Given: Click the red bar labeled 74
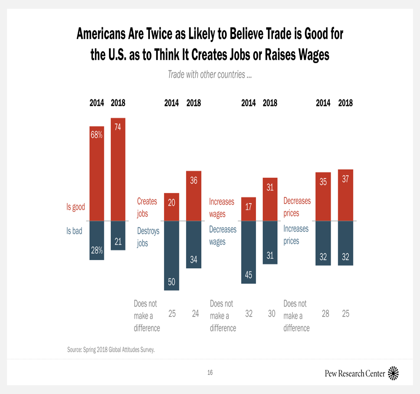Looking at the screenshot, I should point(118,169).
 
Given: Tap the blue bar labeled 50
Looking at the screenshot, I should point(172,255).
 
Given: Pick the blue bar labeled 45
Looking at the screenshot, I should point(248,252).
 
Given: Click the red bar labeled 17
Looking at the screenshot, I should point(248,209).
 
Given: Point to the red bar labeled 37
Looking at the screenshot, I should point(346,195).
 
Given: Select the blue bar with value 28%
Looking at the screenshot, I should point(97,240).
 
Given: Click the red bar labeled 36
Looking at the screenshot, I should point(193,196).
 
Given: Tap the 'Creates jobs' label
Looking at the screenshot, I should point(147,207).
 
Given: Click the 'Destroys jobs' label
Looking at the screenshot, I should point(148,237).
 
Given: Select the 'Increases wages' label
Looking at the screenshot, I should point(222,208).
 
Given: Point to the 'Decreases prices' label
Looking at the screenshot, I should point(297,207).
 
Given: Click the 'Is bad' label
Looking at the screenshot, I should point(74,231).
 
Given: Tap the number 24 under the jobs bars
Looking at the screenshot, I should point(195,314).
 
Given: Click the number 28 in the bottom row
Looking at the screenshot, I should point(325,314).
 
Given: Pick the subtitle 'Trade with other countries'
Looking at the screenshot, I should point(210,74).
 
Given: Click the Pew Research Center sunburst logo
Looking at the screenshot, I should point(393,373).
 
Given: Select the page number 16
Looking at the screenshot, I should point(210,372).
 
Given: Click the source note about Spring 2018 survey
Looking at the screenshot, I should point(111,350).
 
